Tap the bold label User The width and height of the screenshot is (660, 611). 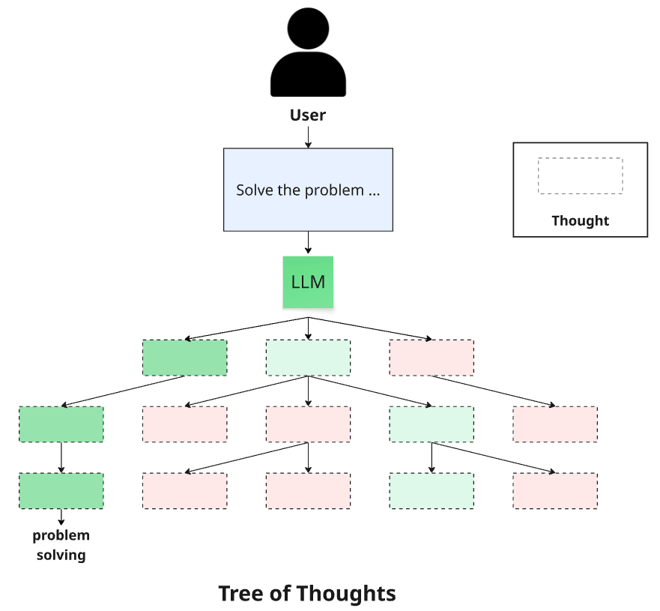(x=308, y=115)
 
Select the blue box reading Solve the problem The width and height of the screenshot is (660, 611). (x=308, y=189)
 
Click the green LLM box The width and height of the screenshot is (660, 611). (x=308, y=282)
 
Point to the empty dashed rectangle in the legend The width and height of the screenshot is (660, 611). (x=580, y=176)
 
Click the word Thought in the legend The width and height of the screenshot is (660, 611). (x=580, y=220)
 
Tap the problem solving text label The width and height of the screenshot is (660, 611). (x=61, y=545)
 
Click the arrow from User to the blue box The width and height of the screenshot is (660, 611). (x=308, y=136)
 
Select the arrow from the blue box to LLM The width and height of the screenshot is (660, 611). (x=308, y=243)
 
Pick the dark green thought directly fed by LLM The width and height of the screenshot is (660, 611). (x=184, y=358)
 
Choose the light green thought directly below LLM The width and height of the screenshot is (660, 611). (x=308, y=358)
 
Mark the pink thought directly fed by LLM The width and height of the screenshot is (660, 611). (x=432, y=358)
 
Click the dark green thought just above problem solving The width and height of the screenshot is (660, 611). (x=61, y=491)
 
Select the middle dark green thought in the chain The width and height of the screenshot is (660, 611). (x=61, y=424)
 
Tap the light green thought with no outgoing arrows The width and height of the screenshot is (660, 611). (x=432, y=491)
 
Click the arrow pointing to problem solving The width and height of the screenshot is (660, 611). (x=61, y=517)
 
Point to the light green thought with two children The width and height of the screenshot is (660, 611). (x=432, y=424)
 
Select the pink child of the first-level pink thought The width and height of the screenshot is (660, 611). (x=555, y=424)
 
